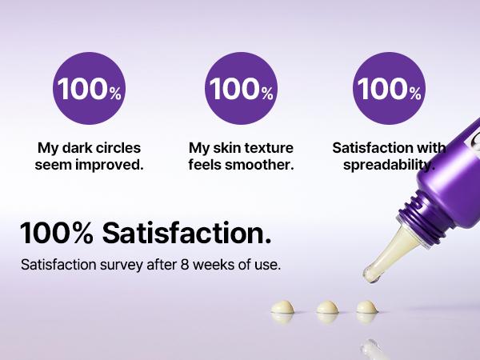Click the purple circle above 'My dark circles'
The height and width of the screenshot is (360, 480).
coord(90,89)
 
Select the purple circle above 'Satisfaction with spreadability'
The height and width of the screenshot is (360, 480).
coord(390,89)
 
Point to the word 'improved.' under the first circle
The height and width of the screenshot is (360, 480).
coord(113,165)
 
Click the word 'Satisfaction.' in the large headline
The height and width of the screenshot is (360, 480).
coord(186,233)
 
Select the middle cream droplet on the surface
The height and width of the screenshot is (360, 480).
coord(327,307)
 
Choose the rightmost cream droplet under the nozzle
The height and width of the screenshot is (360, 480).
coord(366,307)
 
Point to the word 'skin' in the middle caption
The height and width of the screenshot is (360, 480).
coord(226,148)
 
